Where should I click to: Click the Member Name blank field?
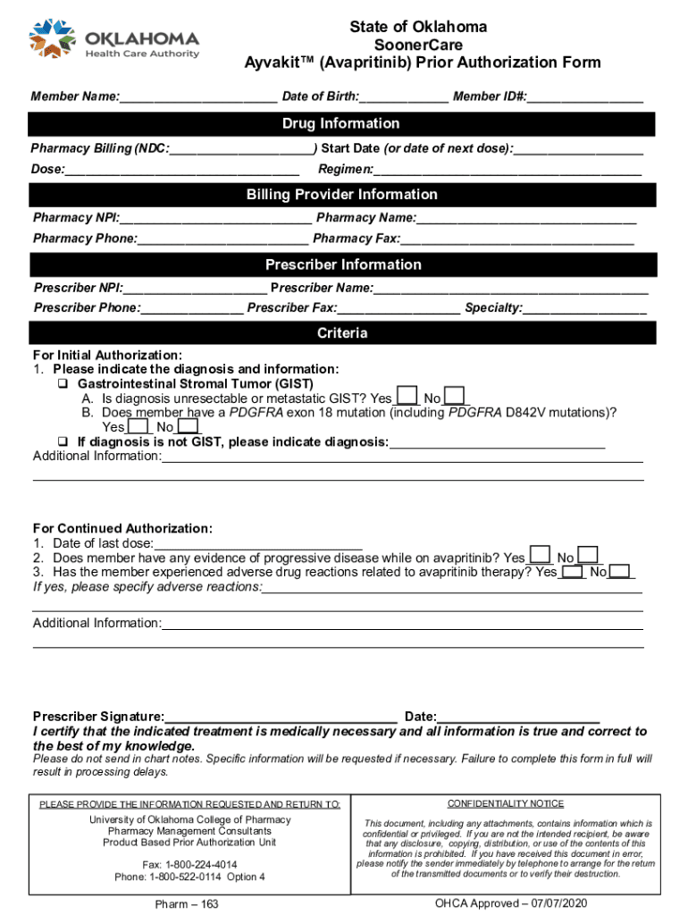point(198,97)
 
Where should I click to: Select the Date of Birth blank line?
point(404,97)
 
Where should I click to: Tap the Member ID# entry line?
point(585,97)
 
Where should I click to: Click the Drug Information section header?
point(341,123)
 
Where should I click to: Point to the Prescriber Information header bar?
point(343,264)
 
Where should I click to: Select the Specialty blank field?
point(584,308)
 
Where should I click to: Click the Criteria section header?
point(342,333)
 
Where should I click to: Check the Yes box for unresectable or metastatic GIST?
point(407,397)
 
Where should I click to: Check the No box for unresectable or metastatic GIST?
point(455,397)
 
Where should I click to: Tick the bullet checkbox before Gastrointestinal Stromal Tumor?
point(63,383)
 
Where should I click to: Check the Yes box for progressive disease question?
point(540,556)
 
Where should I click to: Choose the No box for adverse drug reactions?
point(622,571)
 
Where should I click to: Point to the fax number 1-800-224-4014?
point(189,864)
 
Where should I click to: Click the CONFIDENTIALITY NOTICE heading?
point(506,803)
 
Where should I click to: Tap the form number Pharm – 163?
point(187,904)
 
